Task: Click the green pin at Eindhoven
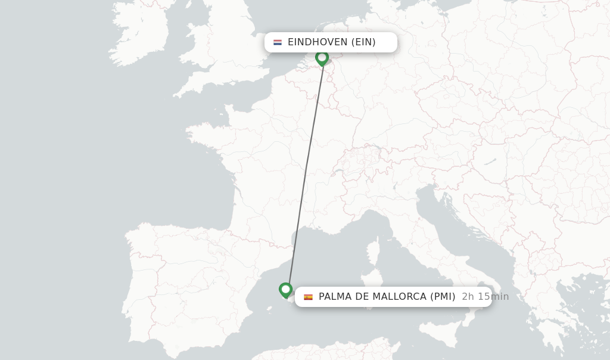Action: click(322, 58)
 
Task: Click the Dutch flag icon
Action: click(278, 42)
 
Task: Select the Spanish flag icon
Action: click(308, 297)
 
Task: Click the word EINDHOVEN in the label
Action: click(318, 42)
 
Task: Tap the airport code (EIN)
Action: click(363, 42)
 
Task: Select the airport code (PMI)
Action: click(443, 297)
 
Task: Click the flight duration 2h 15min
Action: click(485, 297)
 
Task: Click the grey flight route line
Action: click(305, 173)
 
